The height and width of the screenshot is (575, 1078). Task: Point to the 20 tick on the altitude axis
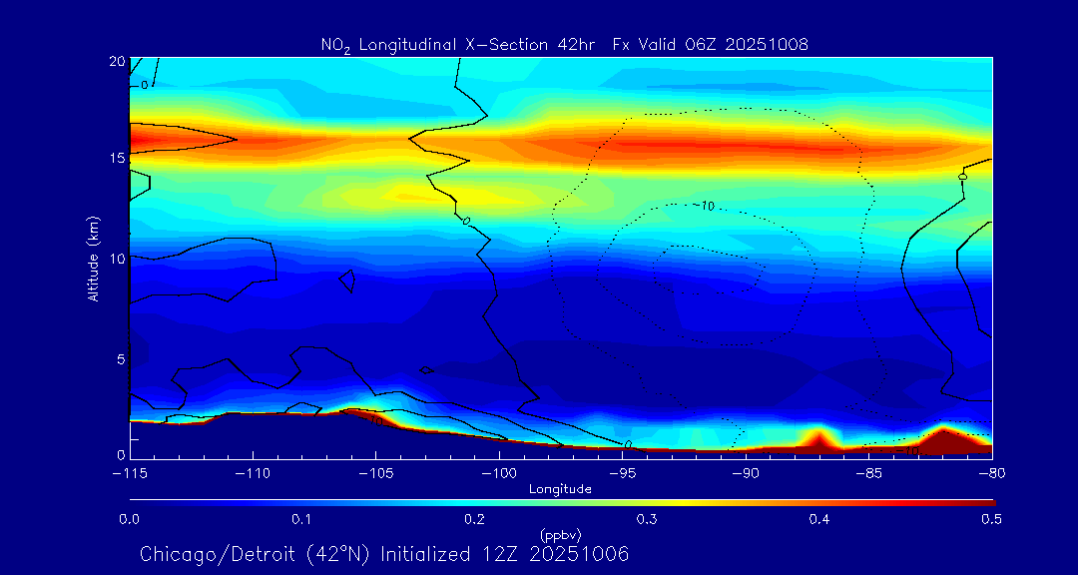point(116,62)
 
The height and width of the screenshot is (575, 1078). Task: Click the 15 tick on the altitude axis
point(116,159)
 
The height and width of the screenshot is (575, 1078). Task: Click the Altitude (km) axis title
point(93,259)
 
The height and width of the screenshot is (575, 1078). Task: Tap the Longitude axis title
point(560,489)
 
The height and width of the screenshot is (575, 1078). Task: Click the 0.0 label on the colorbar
point(129,519)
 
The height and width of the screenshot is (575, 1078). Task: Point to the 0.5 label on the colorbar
point(991,519)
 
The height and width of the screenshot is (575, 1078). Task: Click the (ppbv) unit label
point(560,534)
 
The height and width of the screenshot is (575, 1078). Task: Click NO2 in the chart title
point(334,45)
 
